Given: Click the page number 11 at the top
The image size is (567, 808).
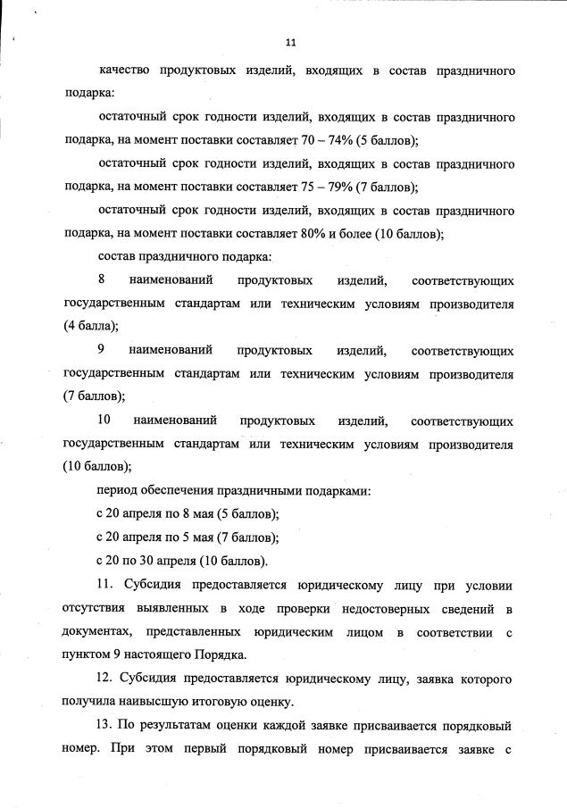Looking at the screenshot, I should click(290, 41).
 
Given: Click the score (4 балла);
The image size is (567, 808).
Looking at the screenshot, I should click(91, 327).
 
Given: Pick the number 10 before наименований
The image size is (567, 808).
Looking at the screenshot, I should click(103, 421).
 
